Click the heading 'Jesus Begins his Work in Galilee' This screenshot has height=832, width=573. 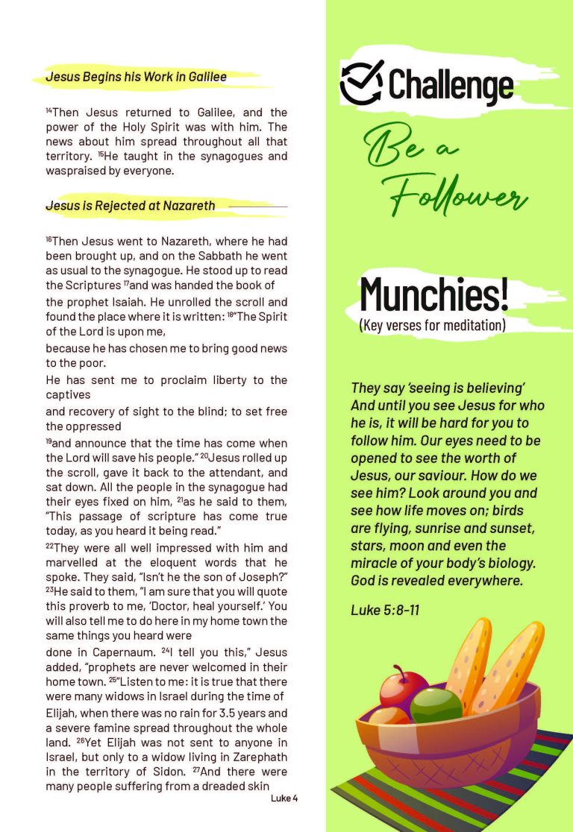pos(136,77)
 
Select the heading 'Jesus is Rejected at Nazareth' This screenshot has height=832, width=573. pos(130,206)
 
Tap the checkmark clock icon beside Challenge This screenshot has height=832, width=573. pos(362,83)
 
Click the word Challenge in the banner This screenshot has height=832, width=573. pos(451,85)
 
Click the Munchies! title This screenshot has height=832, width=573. pos(433,294)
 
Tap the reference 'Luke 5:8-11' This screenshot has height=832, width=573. pos(385,610)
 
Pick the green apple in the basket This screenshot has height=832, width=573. pos(436,705)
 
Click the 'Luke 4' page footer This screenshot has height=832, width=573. pos(284,798)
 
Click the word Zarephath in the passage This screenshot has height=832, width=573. pos(263,755)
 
